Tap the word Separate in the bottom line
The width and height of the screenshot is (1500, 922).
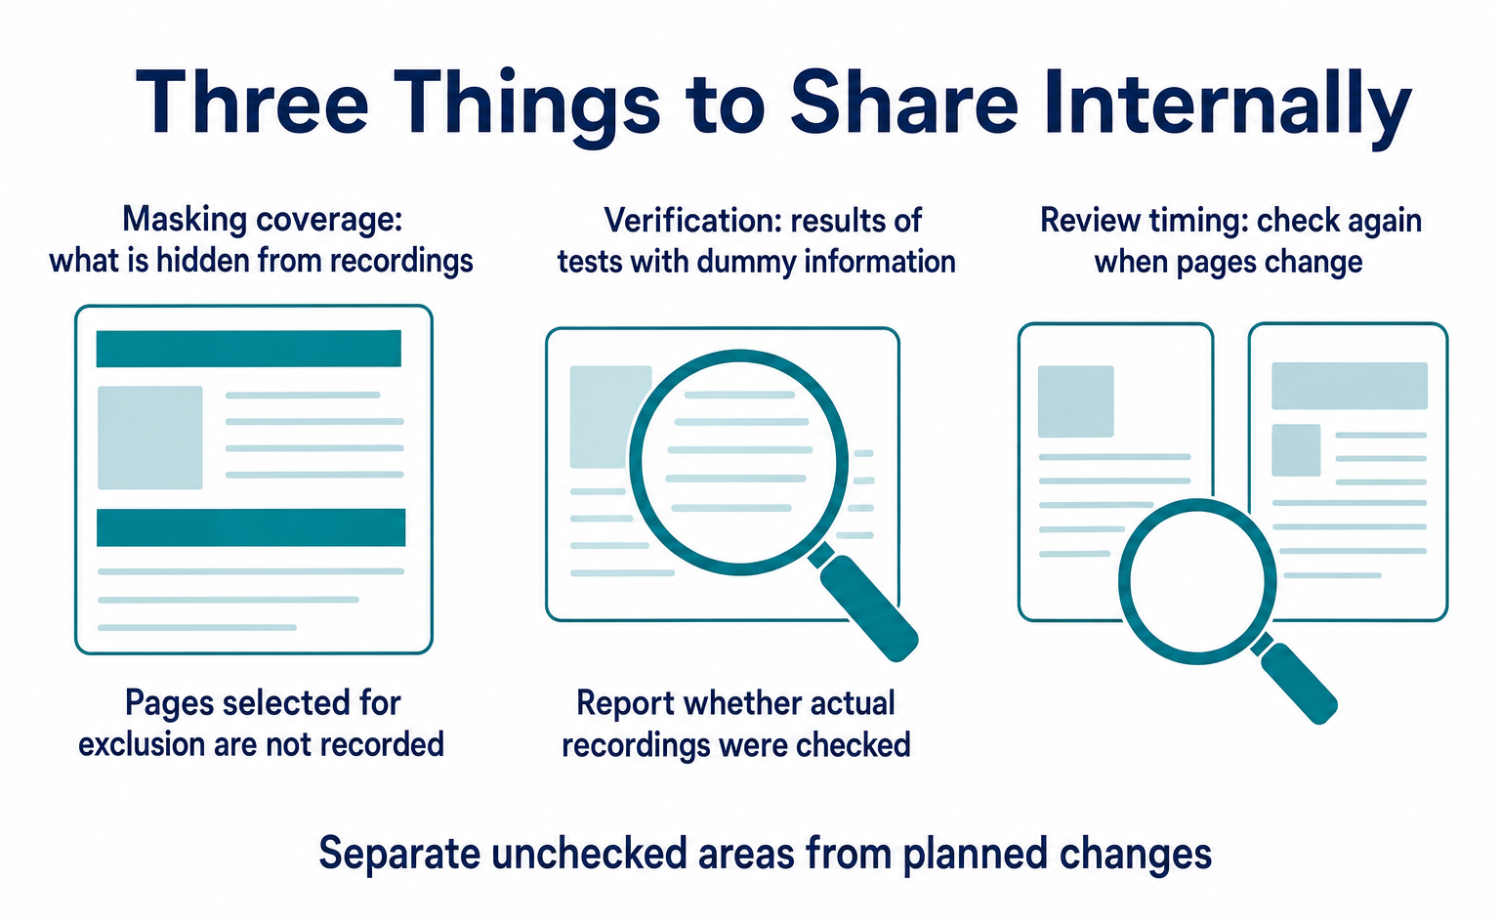pyautogui.click(x=399, y=855)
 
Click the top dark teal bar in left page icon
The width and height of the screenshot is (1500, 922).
pyautogui.click(x=248, y=348)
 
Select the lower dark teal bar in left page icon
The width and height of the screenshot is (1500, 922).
pyautogui.click(x=251, y=527)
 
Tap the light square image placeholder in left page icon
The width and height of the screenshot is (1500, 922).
pyautogui.click(x=150, y=438)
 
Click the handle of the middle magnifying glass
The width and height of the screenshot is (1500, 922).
pyautogui.click(x=864, y=604)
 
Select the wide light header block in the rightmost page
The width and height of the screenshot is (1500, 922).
pyautogui.click(x=1350, y=386)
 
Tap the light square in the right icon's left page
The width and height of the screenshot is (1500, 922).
pyautogui.click(x=1075, y=401)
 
